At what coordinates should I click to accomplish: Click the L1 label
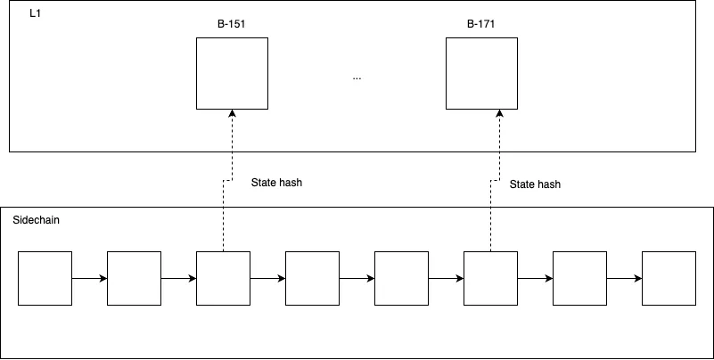[x=35, y=13]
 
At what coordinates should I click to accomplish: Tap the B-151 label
[x=232, y=24]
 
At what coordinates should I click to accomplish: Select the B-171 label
[x=480, y=24]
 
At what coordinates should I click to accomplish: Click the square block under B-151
[x=233, y=73]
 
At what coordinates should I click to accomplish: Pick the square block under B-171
[x=481, y=73]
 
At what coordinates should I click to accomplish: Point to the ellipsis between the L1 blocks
[x=357, y=78]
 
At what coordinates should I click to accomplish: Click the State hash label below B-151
[x=276, y=183]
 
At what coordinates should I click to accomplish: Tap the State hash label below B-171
[x=535, y=184]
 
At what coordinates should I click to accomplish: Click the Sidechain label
[x=36, y=220]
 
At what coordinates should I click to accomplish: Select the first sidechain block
[x=45, y=278]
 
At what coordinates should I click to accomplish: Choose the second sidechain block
[x=134, y=278]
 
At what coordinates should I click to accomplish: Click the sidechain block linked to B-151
[x=223, y=278]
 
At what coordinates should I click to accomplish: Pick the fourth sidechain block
[x=312, y=278]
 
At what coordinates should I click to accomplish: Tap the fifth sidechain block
[x=402, y=278]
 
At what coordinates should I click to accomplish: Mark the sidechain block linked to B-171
[x=490, y=278]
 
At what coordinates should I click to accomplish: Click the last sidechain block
[x=669, y=278]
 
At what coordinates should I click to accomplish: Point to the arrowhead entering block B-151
[x=233, y=113]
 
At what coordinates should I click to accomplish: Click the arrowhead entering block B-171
[x=499, y=113]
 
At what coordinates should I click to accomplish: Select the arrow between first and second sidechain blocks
[x=89, y=279]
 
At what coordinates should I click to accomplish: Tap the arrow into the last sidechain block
[x=624, y=279]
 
